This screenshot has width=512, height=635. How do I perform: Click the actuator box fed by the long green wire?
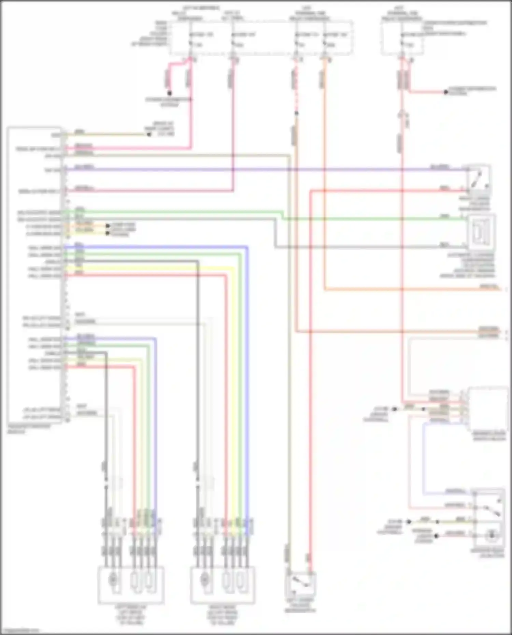point(481,232)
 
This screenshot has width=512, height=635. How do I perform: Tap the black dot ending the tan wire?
point(149,134)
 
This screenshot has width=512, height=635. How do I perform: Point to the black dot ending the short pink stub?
point(169,93)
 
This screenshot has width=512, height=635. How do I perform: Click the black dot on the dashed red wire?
point(296,113)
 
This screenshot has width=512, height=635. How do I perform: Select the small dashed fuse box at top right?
point(402,38)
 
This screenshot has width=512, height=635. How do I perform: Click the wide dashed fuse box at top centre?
point(261,38)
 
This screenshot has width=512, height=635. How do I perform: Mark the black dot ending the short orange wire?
point(108,226)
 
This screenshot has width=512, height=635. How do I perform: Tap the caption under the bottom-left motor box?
point(131,615)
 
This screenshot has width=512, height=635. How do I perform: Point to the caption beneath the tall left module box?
point(29,429)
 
